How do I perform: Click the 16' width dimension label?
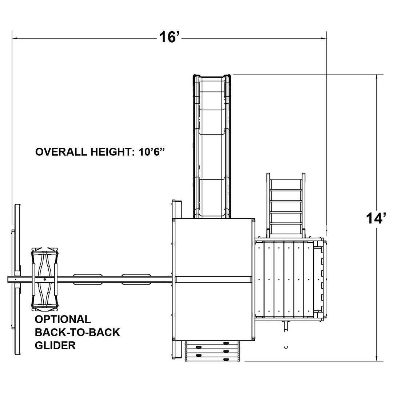(170, 37)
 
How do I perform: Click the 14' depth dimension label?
(376, 218)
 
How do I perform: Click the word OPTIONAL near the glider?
(63, 319)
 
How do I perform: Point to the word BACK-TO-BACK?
(77, 332)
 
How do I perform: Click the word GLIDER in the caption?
(55, 345)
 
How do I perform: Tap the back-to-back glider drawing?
(45, 279)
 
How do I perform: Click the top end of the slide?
(212, 77)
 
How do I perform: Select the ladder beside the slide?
(286, 206)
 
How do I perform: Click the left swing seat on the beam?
(87, 279)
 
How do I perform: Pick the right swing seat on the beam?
(136, 279)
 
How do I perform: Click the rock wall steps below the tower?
(213, 351)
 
